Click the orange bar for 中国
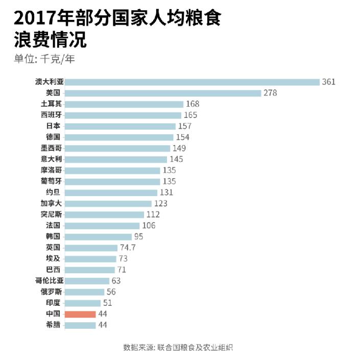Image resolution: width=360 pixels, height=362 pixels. (x=80, y=314)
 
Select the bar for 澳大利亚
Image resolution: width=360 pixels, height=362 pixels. (x=192, y=82)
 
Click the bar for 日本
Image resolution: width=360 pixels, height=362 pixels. (x=120, y=126)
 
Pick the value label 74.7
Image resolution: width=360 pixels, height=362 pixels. (x=128, y=248)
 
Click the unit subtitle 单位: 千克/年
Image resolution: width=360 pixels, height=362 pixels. (x=44, y=58)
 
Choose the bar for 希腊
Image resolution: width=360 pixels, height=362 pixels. (x=80, y=325)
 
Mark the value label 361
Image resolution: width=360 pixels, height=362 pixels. (x=328, y=82)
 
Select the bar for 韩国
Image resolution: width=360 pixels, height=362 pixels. (x=98, y=236)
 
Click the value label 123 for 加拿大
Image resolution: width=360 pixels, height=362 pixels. (x=161, y=203)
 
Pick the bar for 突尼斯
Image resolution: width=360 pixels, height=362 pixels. (x=104, y=214)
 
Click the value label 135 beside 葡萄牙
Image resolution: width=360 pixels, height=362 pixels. (x=169, y=181)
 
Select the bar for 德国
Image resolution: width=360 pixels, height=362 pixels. (x=119, y=137)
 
